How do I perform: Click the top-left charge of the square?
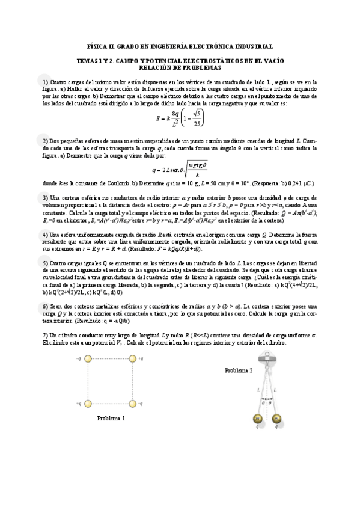(x=88, y=360)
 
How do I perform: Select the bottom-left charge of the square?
(x=88, y=402)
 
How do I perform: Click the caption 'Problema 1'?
(x=111, y=419)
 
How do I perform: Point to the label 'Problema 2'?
(x=239, y=370)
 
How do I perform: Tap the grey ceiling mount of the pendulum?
(x=267, y=359)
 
